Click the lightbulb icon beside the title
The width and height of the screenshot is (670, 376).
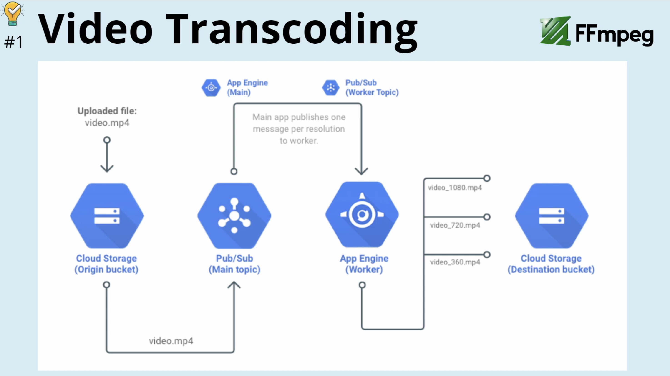12,13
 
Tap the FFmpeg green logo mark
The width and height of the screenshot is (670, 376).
555,31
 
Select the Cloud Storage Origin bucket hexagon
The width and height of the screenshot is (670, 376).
107,216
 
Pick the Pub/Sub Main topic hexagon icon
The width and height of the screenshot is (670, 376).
234,216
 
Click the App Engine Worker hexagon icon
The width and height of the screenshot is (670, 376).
362,215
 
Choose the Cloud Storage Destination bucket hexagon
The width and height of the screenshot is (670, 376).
552,216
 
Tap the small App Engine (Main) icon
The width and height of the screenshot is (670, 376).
211,88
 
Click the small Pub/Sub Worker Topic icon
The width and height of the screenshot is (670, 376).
331,88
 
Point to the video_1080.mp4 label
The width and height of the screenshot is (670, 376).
455,188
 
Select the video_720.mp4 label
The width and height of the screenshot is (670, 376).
455,225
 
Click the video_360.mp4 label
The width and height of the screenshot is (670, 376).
455,262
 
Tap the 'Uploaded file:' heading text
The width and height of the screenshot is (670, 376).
107,111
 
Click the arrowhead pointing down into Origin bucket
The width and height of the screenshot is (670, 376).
107,168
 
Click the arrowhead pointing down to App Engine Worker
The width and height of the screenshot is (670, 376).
362,171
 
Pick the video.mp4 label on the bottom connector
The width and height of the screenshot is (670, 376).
171,341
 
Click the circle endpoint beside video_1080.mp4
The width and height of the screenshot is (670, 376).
487,178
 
